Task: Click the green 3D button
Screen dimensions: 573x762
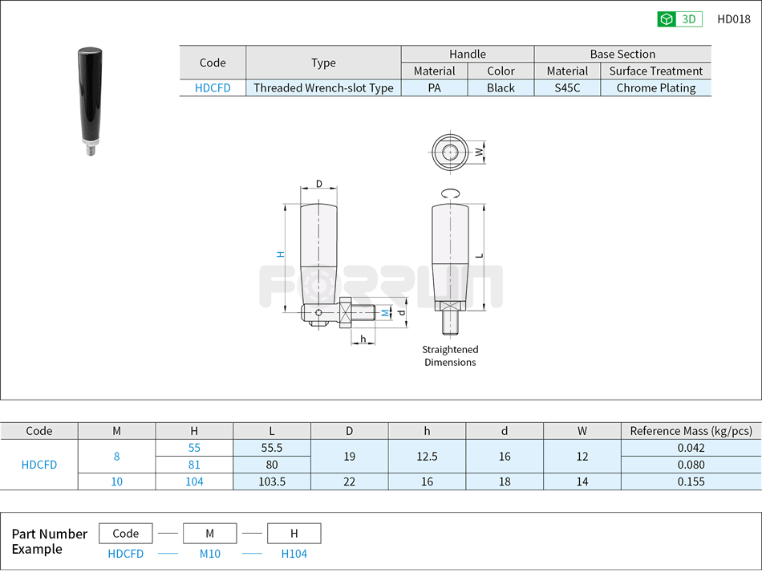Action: point(679,19)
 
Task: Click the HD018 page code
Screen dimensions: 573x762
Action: point(733,19)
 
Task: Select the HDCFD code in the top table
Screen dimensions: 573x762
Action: point(213,88)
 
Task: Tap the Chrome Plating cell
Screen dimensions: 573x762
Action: point(655,88)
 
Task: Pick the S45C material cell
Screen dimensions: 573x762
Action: point(567,88)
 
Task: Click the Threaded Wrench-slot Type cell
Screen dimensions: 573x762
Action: point(323,88)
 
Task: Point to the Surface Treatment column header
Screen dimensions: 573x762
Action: point(655,71)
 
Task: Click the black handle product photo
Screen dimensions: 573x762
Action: point(90,100)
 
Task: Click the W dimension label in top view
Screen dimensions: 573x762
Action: point(479,151)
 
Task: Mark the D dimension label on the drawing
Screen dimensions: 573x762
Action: point(319,184)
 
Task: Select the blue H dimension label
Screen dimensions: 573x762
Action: point(280,254)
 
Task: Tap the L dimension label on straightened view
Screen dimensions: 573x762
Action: point(480,255)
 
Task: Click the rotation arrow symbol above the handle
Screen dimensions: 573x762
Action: point(450,193)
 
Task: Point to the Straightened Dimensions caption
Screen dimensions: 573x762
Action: point(450,356)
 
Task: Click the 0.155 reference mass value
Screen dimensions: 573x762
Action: point(691,482)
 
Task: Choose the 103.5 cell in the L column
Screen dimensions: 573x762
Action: point(272,482)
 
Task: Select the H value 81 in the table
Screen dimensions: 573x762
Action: point(194,465)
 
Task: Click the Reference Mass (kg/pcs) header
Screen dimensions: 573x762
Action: point(691,431)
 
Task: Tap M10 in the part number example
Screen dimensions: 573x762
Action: point(209,554)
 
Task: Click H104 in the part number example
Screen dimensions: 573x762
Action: point(294,554)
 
